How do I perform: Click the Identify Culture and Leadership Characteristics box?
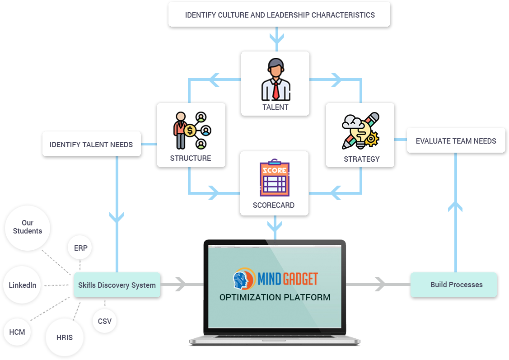tap(280, 15)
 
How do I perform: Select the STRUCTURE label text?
tap(190, 158)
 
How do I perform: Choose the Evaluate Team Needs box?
tap(456, 141)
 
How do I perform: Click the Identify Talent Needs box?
tap(91, 145)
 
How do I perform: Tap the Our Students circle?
tap(28, 227)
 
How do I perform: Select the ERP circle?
tap(80, 248)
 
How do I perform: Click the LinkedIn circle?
tap(22, 285)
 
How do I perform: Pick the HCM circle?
tap(17, 332)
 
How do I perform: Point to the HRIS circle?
tap(65, 337)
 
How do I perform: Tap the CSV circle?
tap(104, 322)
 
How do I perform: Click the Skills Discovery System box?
tap(117, 285)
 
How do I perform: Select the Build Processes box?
tap(456, 285)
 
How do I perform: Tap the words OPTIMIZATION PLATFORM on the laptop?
tap(275, 297)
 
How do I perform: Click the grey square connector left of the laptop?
tap(181, 284)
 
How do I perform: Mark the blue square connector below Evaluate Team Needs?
tap(455, 206)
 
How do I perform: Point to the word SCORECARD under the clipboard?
tap(273, 205)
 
